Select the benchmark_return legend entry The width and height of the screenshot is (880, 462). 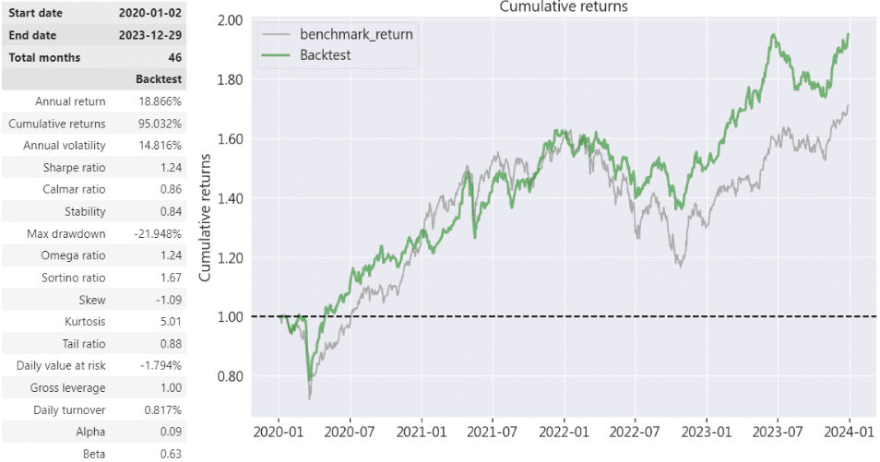pos(356,34)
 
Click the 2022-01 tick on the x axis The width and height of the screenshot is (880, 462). pos(564,430)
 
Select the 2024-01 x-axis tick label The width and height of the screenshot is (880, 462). pos(849,430)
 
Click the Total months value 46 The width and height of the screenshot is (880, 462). pos(171,58)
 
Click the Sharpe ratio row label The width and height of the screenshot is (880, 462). pos(74,168)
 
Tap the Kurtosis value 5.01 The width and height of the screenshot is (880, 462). pos(166,322)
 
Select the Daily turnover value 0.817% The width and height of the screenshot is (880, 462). pos(159,409)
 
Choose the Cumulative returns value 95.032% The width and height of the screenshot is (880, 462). pos(156,124)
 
